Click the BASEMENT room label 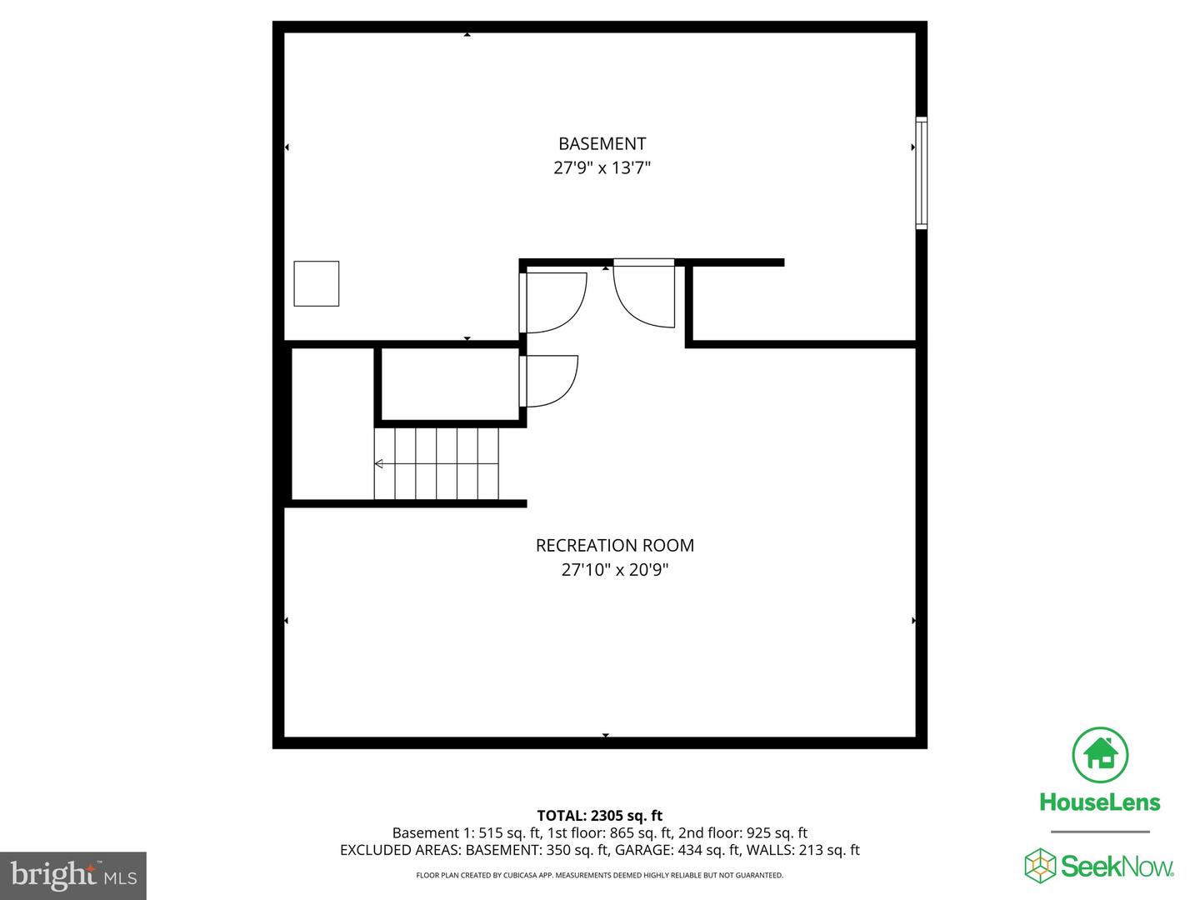(x=602, y=143)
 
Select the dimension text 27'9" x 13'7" (x=602, y=167)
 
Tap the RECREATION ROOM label (x=614, y=545)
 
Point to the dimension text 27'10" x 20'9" (x=614, y=570)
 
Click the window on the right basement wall (x=921, y=173)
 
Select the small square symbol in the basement (x=317, y=283)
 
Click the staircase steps (x=436, y=463)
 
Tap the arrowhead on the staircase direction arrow (x=379, y=463)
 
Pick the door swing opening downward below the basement (x=643, y=293)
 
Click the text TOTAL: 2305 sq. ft (x=599, y=816)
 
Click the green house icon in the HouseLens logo (x=1100, y=755)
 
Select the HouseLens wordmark (x=1100, y=802)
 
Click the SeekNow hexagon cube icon (x=1040, y=865)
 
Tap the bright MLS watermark (x=73, y=875)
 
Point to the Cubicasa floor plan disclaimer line (x=599, y=876)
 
